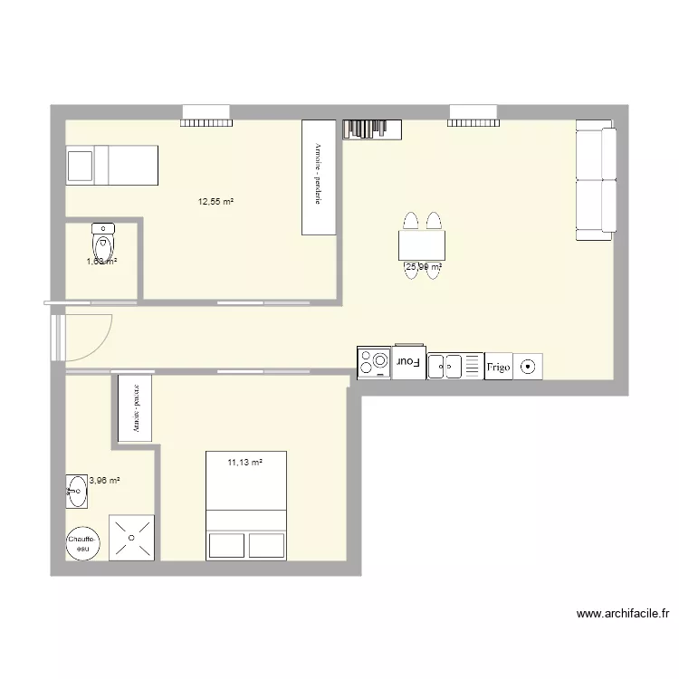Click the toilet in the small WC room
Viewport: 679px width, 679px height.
click(x=103, y=242)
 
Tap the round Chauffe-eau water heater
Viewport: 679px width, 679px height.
click(x=82, y=543)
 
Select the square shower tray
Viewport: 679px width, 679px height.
click(x=132, y=539)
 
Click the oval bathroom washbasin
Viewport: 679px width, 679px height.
click(x=77, y=493)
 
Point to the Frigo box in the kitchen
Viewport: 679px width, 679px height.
click(x=499, y=366)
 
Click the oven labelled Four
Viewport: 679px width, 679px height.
click(x=409, y=362)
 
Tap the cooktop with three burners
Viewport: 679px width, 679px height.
click(x=373, y=363)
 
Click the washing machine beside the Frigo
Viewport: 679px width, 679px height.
click(x=528, y=367)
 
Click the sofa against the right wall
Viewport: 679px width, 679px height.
click(x=596, y=184)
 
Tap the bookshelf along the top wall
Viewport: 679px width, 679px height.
click(x=372, y=129)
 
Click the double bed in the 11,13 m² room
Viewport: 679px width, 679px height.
click(x=246, y=505)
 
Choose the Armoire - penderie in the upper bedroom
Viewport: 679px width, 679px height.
click(x=319, y=177)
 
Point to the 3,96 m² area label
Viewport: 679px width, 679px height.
click(x=105, y=481)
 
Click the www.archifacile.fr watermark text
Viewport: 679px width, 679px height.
click(x=623, y=614)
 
